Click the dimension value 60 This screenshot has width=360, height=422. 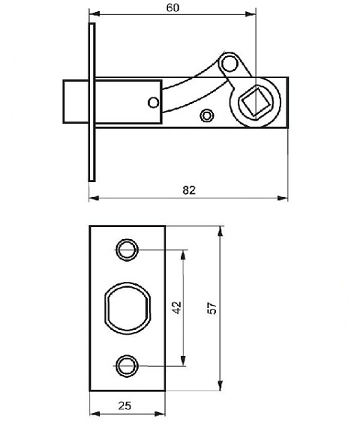172,7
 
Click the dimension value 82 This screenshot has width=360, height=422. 189,190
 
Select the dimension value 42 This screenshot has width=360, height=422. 177,307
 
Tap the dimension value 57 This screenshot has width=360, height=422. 212,308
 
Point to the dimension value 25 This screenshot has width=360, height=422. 124,406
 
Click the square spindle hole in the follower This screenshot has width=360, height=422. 255,102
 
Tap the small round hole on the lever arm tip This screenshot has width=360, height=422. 229,64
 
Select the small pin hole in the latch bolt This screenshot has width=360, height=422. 154,103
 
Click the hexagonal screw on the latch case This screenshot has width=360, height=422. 206,115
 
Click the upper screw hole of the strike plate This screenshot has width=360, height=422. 127,250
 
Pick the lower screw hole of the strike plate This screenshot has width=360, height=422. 127,366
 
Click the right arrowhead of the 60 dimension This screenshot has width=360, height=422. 250,14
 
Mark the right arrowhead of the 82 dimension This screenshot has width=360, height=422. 283,199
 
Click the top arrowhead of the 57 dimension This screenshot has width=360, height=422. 220,232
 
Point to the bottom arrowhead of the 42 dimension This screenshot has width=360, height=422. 183,360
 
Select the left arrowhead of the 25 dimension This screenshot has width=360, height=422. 94,414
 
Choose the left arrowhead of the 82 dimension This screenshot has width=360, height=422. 94,199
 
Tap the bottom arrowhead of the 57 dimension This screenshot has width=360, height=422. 220,385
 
